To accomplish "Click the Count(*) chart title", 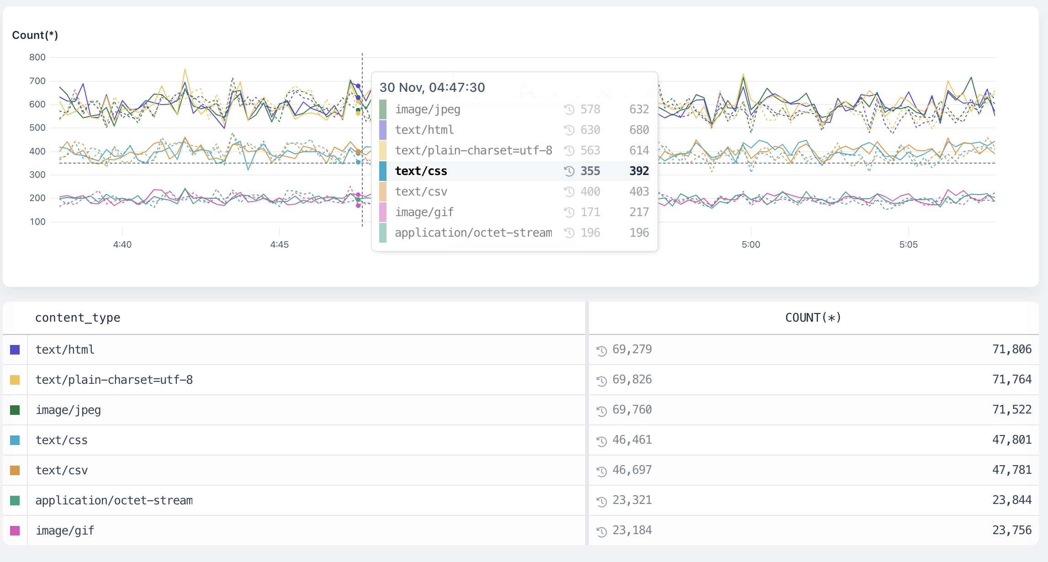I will pos(35,35).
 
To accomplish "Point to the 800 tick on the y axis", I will pos(37,57).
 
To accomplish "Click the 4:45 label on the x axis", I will pos(279,244).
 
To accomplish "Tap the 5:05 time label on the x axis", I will pos(908,244).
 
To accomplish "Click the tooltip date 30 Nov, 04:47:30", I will pos(432,87).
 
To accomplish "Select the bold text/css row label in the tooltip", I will pos(421,171).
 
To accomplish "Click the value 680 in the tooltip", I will pos(639,130).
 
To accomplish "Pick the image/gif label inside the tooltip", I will pos(424,212).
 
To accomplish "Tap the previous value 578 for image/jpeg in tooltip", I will pos(590,109).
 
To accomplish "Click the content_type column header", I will pos(78,318).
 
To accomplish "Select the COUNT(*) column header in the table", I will pos(813,318).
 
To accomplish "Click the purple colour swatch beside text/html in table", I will pos(15,350).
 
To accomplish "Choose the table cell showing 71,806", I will pos(1011,350).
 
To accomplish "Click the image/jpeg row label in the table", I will pos(68,410).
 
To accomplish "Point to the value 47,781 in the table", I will pos(1011,470).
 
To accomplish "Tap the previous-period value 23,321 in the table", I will pos(632,500).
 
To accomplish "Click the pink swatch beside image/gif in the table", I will pos(15,530).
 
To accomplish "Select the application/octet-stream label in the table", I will pos(114,500).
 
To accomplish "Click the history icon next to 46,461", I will pos(601,441).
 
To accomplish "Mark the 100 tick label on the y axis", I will pos(37,222).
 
